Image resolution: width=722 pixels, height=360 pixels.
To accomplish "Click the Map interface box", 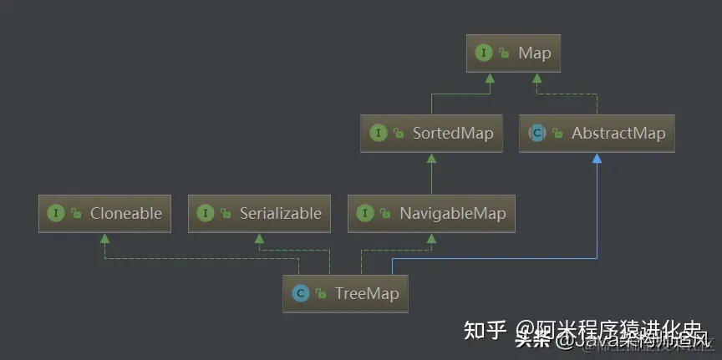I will pyautogui.click(x=514, y=53).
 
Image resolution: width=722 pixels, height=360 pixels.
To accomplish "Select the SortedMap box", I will pyautogui.click(x=432, y=133).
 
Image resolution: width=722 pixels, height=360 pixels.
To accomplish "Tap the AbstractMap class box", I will pyautogui.click(x=597, y=133).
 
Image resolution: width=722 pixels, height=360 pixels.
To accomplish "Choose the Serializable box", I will pyautogui.click(x=259, y=213).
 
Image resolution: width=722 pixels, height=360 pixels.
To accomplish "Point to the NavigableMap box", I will pyautogui.click(x=431, y=213).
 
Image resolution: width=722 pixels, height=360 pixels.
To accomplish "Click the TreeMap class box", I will pyautogui.click(x=346, y=293).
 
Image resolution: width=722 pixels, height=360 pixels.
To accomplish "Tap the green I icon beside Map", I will pyautogui.click(x=483, y=53).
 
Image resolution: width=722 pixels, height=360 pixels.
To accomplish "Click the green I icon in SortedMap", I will pyautogui.click(x=379, y=133).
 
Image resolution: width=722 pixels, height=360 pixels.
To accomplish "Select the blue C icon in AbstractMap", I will pyautogui.click(x=537, y=133).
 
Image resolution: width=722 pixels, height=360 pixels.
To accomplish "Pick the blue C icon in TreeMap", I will pyautogui.click(x=300, y=293).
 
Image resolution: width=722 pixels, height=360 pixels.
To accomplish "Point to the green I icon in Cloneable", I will pyautogui.click(x=56, y=213).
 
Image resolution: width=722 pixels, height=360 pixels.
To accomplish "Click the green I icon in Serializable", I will pyautogui.click(x=206, y=213).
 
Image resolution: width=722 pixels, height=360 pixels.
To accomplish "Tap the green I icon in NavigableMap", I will pyautogui.click(x=365, y=213).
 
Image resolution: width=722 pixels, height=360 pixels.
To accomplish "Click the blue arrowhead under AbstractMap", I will pyautogui.click(x=597, y=157).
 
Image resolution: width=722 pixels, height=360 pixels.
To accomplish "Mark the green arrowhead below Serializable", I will pyautogui.click(x=259, y=237).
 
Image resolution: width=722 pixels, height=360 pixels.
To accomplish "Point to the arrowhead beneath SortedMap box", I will pyautogui.click(x=432, y=157).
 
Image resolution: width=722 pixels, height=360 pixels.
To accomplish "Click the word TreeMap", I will pyautogui.click(x=366, y=293).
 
